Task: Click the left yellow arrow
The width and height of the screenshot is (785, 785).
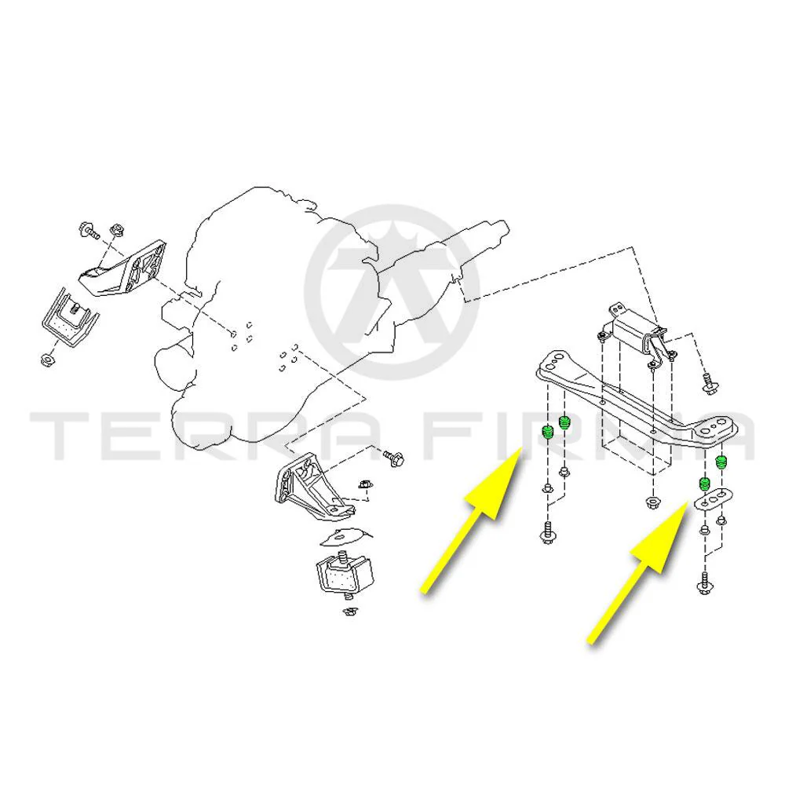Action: [471, 521]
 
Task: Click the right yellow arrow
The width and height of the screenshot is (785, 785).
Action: [637, 572]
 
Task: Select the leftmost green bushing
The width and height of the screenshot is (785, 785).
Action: [547, 432]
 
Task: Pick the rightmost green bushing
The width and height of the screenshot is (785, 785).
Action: [721, 462]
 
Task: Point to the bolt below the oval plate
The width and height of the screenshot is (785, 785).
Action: [704, 583]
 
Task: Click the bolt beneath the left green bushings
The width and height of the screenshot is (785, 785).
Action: [546, 533]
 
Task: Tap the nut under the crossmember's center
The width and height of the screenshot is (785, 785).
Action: [652, 502]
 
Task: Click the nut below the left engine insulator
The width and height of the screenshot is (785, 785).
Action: [47, 359]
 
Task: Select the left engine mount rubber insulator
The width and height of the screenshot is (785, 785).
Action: [70, 319]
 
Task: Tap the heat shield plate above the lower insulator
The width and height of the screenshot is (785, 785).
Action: [345, 536]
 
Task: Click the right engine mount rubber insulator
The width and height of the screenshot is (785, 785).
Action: [345, 574]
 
